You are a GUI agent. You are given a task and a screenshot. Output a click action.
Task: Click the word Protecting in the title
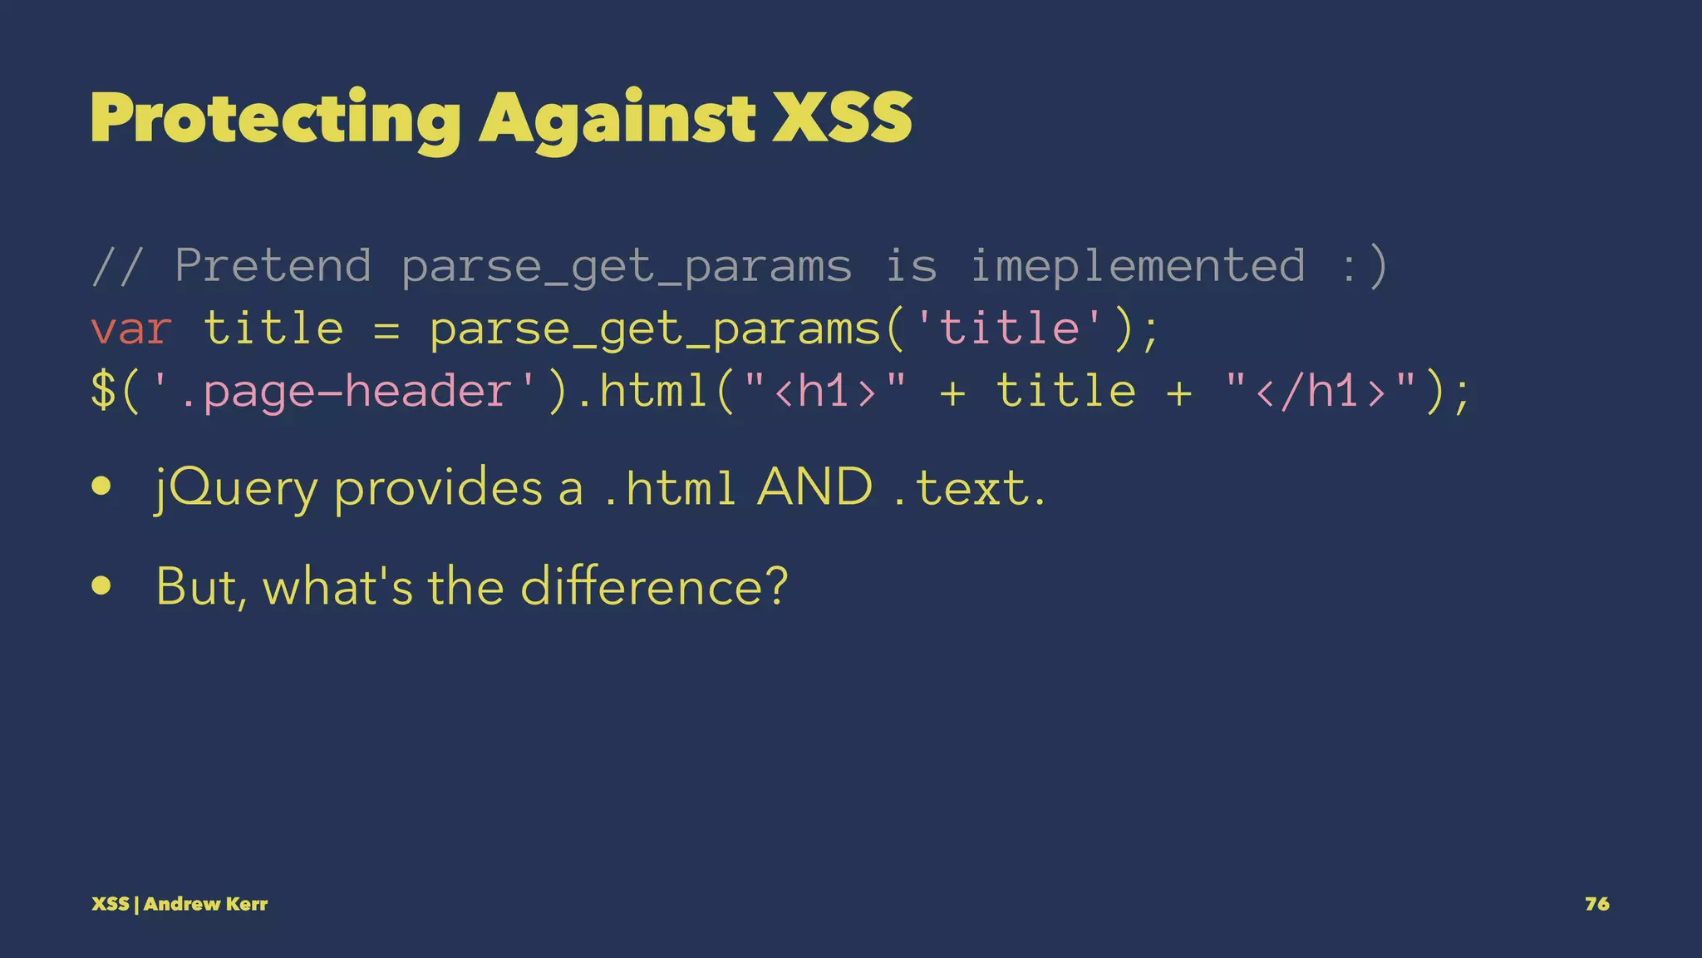point(275,119)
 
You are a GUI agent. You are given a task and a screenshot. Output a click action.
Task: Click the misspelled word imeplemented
point(1138,266)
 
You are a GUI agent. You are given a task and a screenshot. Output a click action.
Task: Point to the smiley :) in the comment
point(1364,266)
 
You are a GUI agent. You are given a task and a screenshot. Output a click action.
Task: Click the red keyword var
point(130,329)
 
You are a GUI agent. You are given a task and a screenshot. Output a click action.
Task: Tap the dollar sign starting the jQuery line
point(103,391)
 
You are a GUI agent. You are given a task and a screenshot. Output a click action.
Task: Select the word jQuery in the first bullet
point(237,489)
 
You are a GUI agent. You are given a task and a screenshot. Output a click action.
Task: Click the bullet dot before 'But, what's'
point(102,585)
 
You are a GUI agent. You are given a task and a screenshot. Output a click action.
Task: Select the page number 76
point(1596,904)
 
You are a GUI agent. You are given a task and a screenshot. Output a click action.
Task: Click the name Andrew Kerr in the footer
point(205,904)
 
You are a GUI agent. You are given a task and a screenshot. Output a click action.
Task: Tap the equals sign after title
point(386,329)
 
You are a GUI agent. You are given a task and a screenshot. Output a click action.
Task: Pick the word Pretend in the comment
point(273,266)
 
